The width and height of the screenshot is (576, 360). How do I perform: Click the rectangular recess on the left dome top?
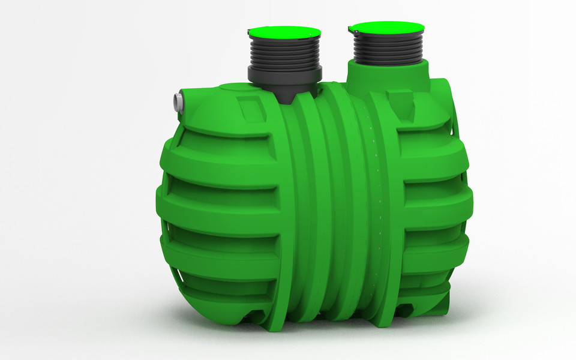[247, 108]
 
